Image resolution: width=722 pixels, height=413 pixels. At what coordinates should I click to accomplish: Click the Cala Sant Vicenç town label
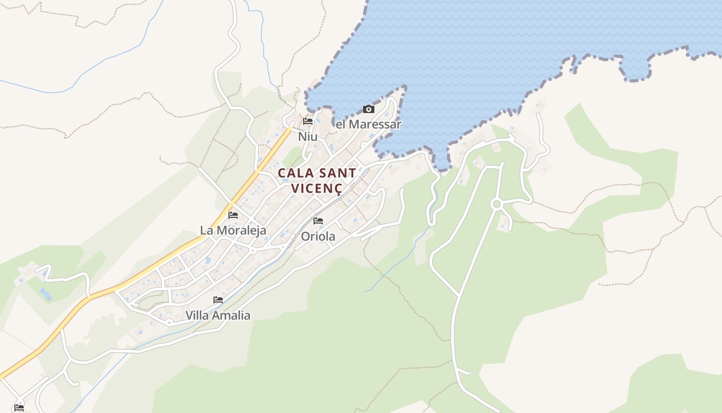click(317, 180)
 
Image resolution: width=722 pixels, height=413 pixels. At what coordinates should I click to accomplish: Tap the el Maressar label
click(368, 124)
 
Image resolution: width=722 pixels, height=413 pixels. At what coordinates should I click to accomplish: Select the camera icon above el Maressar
click(368, 109)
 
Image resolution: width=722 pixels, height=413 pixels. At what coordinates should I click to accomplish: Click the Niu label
click(308, 137)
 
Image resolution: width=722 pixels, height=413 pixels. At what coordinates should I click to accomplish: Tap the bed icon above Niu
click(308, 121)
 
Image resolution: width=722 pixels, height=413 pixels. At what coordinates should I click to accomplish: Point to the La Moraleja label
click(233, 230)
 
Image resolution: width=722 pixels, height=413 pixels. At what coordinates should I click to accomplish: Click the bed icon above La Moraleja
click(233, 215)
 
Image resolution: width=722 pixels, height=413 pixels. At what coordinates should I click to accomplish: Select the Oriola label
click(318, 236)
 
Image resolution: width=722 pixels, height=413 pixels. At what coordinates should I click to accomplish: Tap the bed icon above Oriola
click(318, 220)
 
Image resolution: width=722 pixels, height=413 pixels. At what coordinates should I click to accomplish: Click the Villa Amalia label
click(218, 315)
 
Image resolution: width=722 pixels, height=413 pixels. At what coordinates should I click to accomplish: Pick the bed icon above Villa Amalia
click(218, 299)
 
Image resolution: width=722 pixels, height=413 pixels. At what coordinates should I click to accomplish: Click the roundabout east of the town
click(497, 204)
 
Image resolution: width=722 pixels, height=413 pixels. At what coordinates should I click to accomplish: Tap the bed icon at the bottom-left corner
click(19, 407)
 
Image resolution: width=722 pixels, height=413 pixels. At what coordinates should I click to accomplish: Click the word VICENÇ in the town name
click(317, 188)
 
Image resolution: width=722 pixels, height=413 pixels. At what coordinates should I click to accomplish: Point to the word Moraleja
click(241, 230)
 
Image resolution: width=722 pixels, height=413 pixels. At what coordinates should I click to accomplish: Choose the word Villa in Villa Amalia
click(196, 315)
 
